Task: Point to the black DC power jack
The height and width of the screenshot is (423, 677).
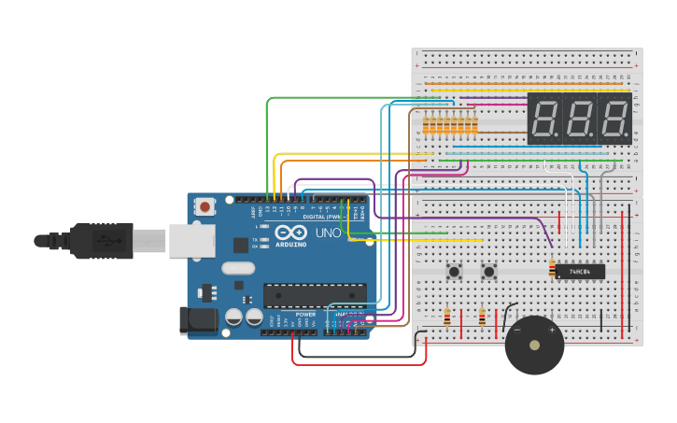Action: [198, 321]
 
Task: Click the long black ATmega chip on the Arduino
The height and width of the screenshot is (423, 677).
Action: [314, 296]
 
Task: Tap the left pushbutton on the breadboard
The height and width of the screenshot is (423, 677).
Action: [455, 272]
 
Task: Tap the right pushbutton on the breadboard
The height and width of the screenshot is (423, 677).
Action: [488, 272]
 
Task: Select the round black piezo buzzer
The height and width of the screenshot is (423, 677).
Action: [534, 345]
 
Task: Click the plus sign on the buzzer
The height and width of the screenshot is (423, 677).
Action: [552, 330]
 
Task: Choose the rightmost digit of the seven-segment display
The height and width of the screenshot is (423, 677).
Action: [614, 119]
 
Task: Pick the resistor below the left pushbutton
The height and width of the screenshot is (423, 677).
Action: [447, 317]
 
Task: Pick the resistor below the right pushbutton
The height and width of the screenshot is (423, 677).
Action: [482, 317]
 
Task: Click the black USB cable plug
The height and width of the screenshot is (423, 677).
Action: [93, 240]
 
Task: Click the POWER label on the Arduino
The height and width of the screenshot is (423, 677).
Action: [305, 315]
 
